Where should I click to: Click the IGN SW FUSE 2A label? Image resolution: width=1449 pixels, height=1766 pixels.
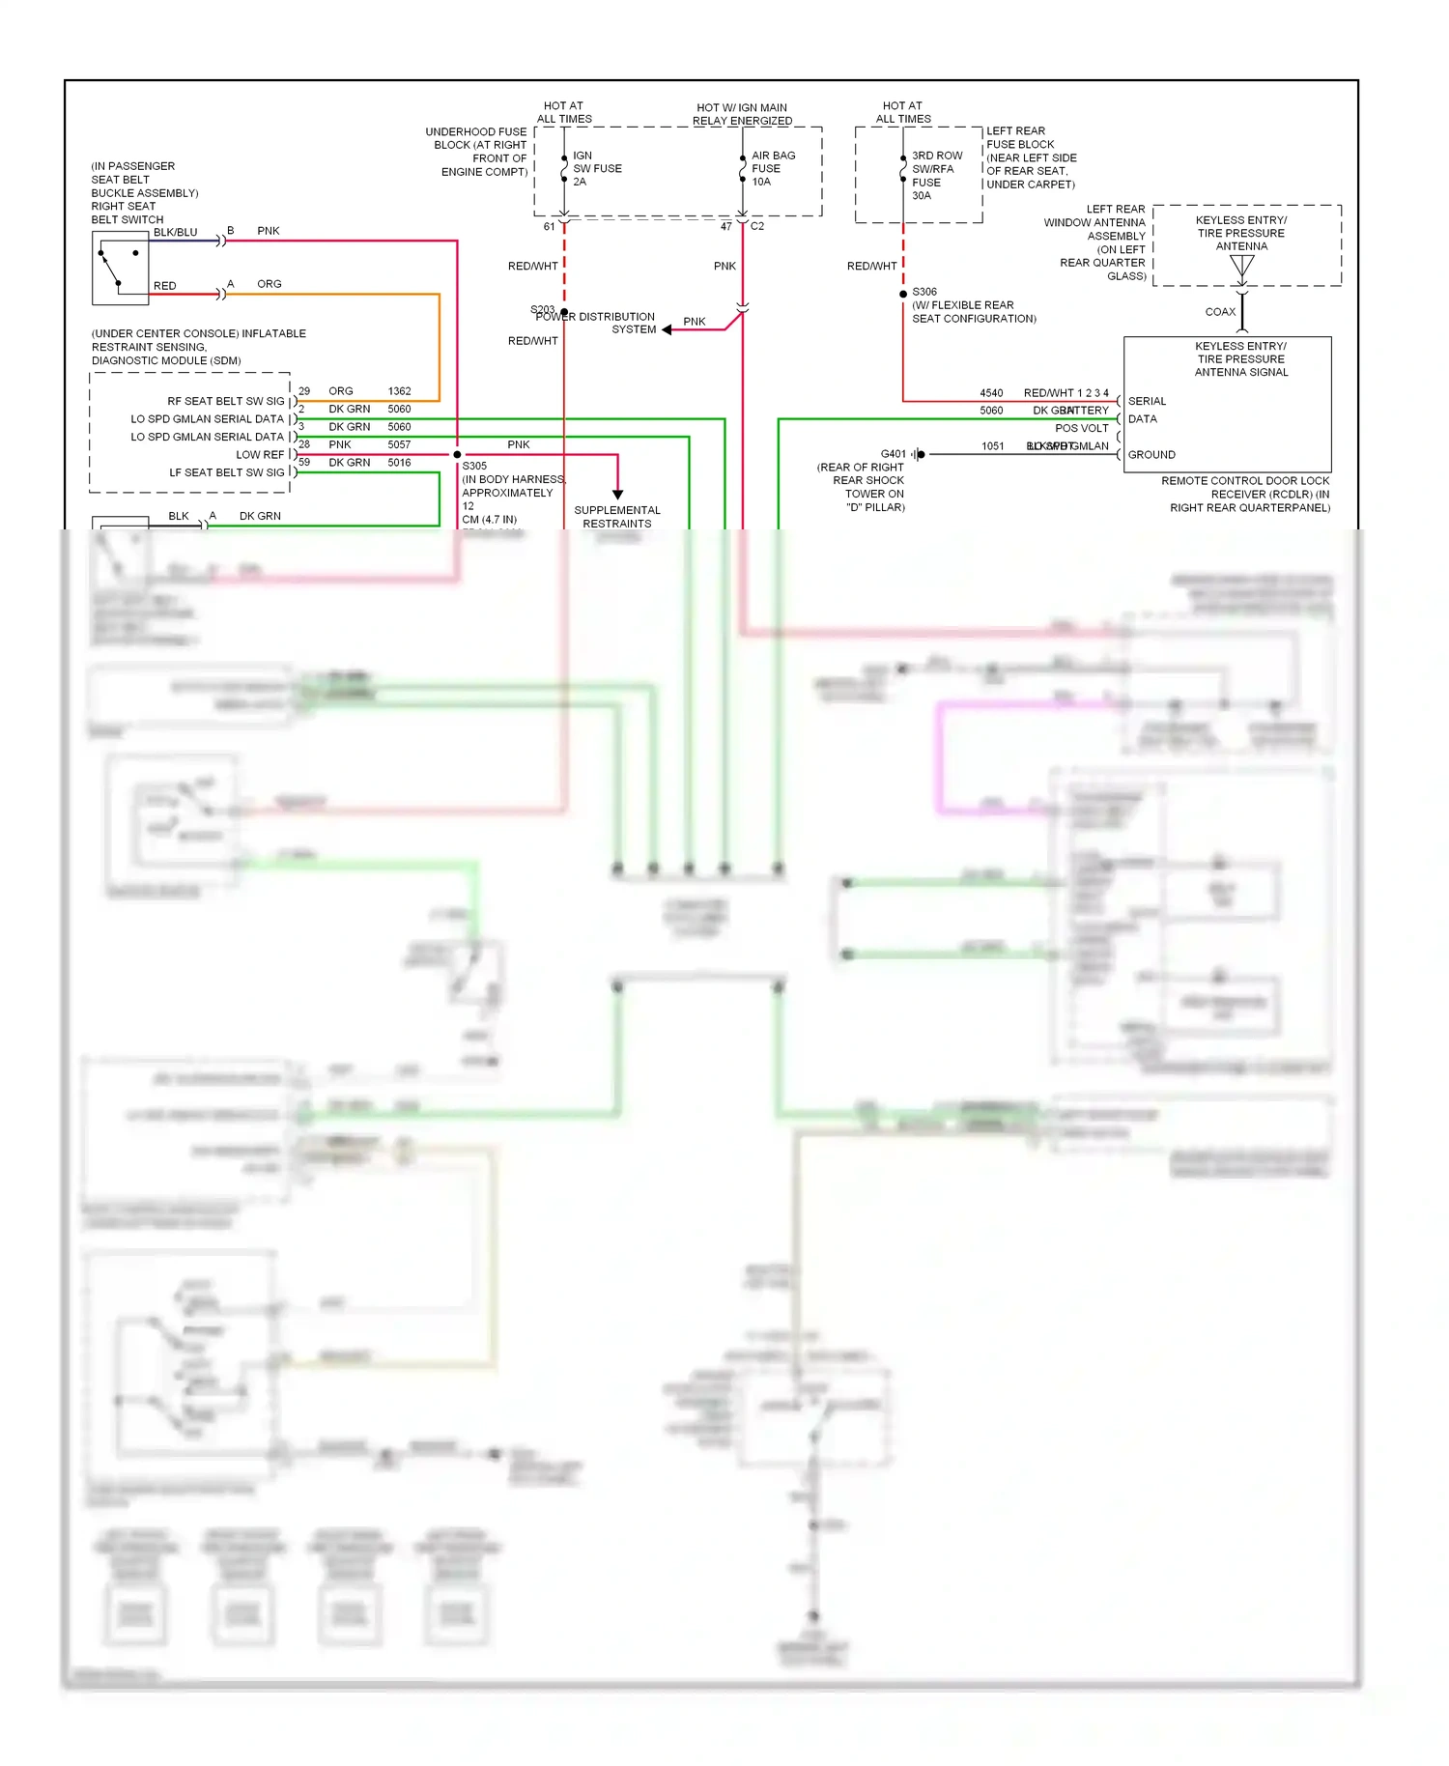pos(596,168)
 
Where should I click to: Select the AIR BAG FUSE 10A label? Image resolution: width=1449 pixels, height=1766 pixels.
pos(772,168)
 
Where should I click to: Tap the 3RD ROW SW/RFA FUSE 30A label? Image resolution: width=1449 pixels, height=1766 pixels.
pos(936,175)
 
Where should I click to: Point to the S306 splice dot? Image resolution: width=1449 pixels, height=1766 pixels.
pos(903,294)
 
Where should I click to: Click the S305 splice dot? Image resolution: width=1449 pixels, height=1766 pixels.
pos(457,454)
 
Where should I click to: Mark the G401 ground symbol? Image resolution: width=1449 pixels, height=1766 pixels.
pos(919,454)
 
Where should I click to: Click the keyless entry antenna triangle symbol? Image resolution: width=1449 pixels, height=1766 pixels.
pos(1241,267)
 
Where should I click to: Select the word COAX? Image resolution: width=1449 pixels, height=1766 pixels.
pos(1220,312)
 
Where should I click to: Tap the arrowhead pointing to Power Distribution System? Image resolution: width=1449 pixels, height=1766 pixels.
pos(667,329)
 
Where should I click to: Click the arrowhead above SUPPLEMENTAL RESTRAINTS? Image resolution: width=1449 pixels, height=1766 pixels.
pos(617,495)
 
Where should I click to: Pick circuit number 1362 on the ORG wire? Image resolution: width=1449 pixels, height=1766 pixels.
pos(399,391)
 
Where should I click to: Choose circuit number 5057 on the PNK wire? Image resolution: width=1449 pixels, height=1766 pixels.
pos(399,444)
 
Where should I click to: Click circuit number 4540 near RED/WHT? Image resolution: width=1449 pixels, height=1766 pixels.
pos(991,393)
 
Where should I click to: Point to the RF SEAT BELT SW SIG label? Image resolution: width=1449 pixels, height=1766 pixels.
pos(226,401)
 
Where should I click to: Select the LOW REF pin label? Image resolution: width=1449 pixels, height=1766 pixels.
pos(260,454)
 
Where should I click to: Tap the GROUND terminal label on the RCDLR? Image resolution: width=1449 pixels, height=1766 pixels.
pos(1151,454)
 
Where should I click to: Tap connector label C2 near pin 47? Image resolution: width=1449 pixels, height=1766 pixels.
pos(757,226)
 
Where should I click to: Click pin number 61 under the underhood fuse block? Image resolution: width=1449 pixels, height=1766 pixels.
pos(549,226)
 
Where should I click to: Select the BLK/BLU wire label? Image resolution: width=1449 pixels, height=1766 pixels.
pos(175,232)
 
